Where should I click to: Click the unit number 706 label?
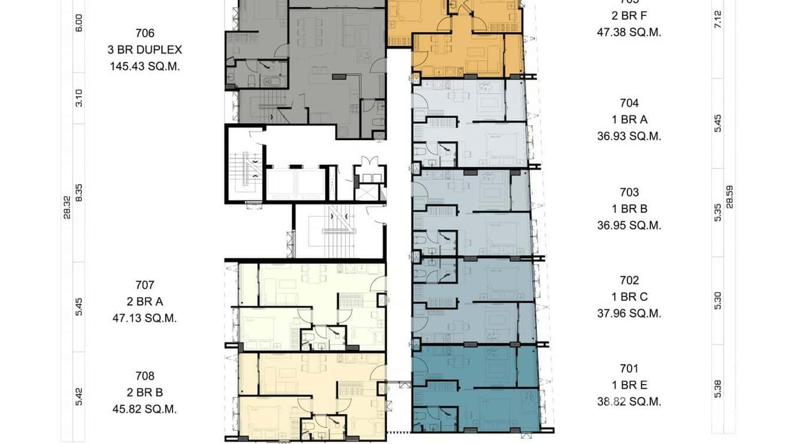click(145, 34)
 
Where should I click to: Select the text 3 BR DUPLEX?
click(145, 50)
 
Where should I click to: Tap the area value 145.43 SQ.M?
click(145, 67)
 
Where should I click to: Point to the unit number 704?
click(629, 103)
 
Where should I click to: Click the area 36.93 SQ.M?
click(629, 136)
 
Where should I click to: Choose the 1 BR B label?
click(629, 208)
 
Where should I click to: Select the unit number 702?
click(629, 280)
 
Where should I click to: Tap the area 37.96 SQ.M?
click(629, 313)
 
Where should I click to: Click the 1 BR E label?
click(629, 385)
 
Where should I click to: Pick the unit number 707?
click(145, 285)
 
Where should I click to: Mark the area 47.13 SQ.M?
click(145, 318)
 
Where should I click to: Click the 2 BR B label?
click(145, 392)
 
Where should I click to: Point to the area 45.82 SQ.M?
click(145, 409)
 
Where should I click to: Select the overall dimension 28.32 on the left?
click(67, 207)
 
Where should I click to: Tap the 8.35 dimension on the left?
click(79, 193)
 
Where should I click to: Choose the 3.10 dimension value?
click(79, 98)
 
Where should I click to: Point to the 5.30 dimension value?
click(718, 300)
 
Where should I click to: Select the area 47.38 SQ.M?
click(629, 32)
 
